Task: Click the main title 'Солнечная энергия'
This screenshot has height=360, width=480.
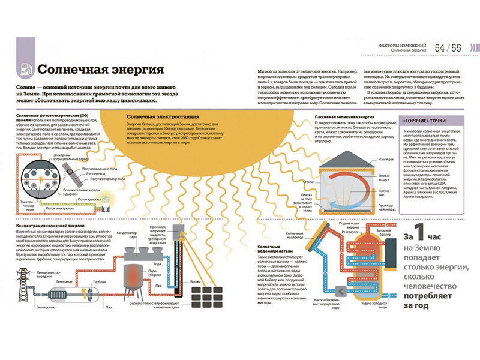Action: coord(101,70)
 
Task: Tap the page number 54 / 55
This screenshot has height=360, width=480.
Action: coord(448,47)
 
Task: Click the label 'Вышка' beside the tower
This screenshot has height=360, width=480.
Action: coord(194,281)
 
